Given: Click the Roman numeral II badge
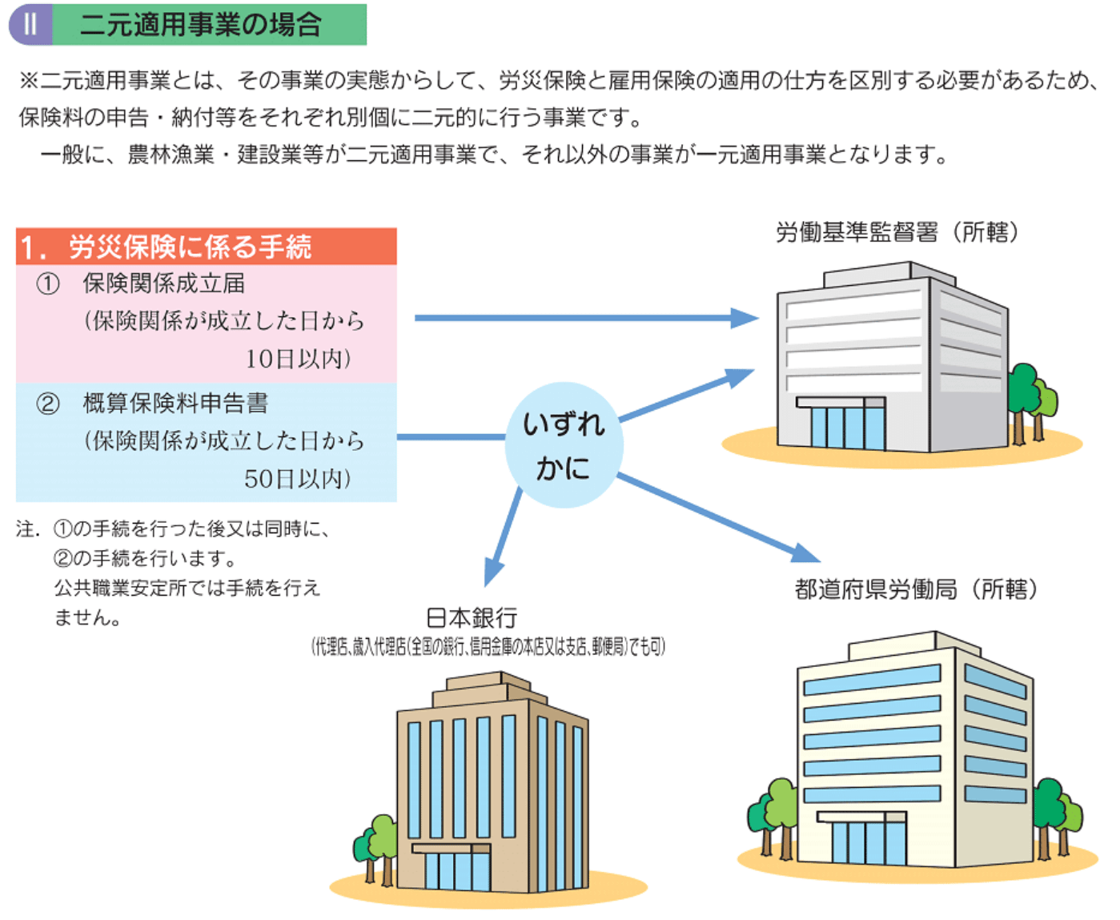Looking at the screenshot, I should pyautogui.click(x=30, y=24).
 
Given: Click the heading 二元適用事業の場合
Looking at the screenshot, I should pyautogui.click(x=200, y=25).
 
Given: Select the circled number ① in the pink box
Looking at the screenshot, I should pyautogui.click(x=48, y=284).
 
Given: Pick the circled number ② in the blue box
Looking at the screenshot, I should pyautogui.click(x=48, y=404).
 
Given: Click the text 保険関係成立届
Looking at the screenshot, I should pyautogui.click(x=164, y=283).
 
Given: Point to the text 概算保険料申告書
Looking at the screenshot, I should pyautogui.click(x=175, y=403).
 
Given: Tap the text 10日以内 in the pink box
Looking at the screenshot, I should pyautogui.click(x=298, y=359).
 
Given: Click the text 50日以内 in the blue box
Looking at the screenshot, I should pyautogui.click(x=298, y=479).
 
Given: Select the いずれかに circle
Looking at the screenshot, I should pyautogui.click(x=564, y=445).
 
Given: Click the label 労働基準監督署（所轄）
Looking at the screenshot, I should pyautogui.click(x=897, y=232).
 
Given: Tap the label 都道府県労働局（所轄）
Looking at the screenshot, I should pyautogui.click(x=916, y=589).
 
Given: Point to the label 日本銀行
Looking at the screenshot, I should pyautogui.click(x=472, y=618).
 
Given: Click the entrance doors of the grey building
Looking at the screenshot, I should pyautogui.click(x=847, y=428).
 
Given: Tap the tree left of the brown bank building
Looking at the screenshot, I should pyautogui.click(x=376, y=846).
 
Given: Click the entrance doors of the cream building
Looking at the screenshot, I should pyautogui.click(x=868, y=842).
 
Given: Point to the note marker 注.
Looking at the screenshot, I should pyautogui.click(x=26, y=529).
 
